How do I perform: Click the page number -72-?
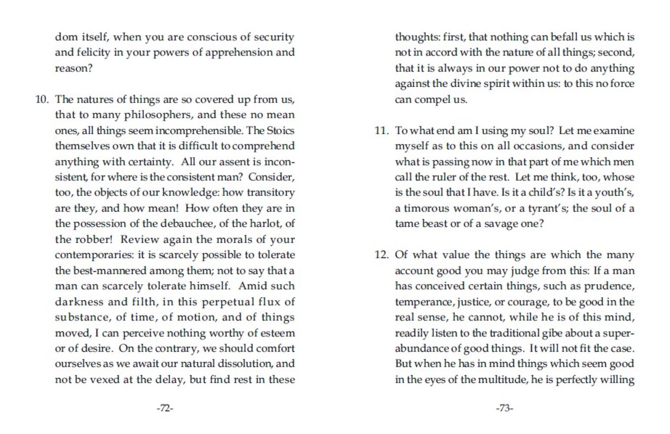165,408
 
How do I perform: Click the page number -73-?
504,408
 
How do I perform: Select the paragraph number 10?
42,99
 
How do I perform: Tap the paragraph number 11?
381,131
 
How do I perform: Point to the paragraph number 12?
381,255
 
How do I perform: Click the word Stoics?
280,131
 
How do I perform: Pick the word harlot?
264,224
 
